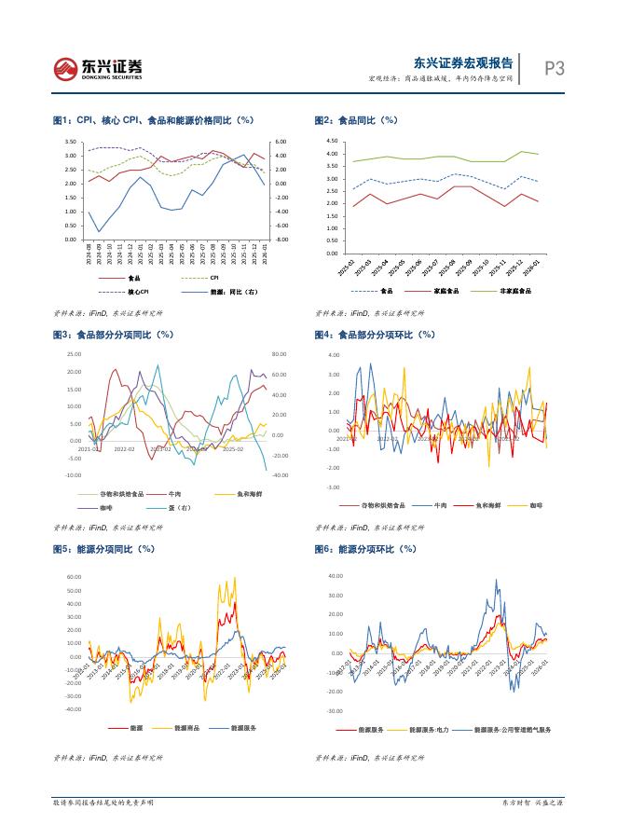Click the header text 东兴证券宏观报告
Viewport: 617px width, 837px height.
462,62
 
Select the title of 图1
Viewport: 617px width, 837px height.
154,121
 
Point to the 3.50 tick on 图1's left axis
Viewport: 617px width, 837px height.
71,142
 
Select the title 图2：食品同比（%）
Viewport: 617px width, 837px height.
356,121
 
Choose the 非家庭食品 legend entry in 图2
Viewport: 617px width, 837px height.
515,290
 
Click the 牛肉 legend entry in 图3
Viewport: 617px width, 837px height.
175,494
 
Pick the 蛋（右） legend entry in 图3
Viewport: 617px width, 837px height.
179,507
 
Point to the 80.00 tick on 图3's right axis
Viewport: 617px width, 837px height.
278,354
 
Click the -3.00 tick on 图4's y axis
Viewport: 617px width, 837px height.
334,487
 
